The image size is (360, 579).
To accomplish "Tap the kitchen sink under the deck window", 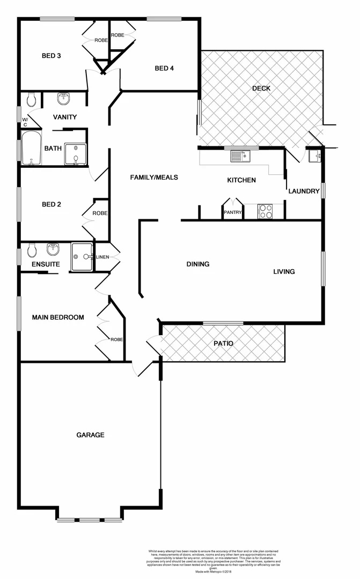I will tap(239, 156).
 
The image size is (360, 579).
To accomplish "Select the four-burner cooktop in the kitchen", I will tap(266, 212).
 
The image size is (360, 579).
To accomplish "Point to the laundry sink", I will tap(315, 156).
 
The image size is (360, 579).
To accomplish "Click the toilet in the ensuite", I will tap(31, 250).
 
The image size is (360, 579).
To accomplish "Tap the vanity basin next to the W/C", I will tap(64, 98).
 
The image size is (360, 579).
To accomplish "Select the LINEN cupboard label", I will tap(102, 257).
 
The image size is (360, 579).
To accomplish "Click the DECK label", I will tap(261, 88).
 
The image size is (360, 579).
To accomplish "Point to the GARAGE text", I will tap(90, 435).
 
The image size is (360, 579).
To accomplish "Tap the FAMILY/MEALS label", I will tap(154, 177).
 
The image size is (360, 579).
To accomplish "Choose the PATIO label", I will tap(223, 343).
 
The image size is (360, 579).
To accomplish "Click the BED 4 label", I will tap(164, 68).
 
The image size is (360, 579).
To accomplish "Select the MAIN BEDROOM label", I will tap(58, 317).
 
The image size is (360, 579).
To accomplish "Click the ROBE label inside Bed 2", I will tap(100, 213).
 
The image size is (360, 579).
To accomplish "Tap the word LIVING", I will tap(284, 272).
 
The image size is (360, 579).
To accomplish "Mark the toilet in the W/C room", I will tap(32, 99).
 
